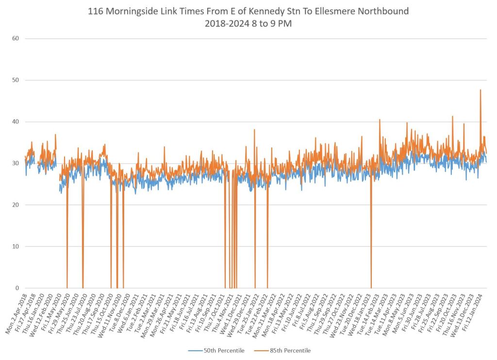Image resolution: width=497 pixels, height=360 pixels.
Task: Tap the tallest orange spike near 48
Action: [x=480, y=90]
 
